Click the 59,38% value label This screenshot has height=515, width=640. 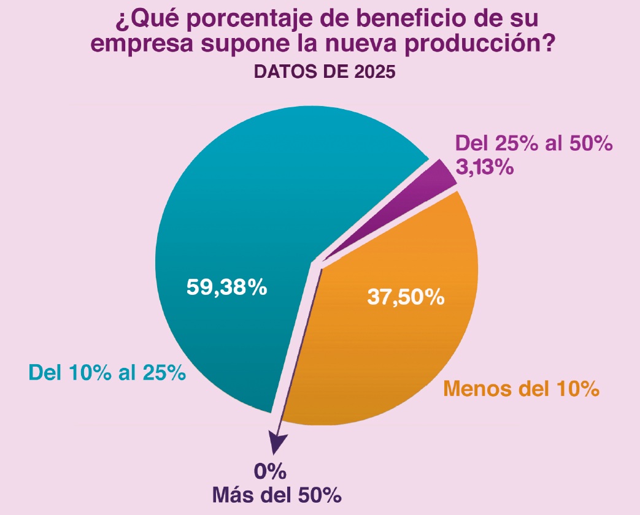226,287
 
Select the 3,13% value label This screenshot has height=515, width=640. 484,166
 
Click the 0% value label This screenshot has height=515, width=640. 271,472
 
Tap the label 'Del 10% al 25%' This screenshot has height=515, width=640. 107,372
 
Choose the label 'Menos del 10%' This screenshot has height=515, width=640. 520,388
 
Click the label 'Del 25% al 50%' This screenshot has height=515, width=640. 534,144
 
